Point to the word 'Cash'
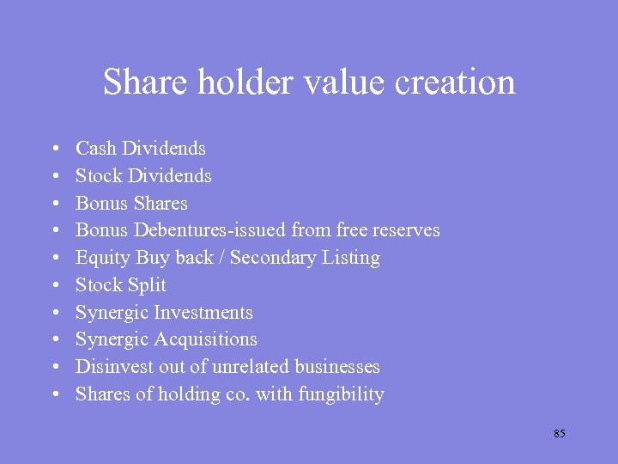click(95, 149)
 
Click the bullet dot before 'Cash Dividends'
click(55, 150)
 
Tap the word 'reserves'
click(404, 230)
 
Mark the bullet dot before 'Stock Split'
click(55, 286)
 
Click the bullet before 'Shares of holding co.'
click(55, 395)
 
